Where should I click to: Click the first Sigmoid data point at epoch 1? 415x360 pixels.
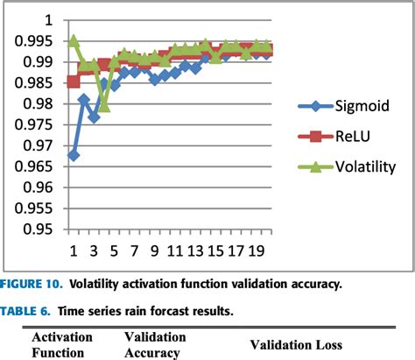pyautogui.click(x=74, y=155)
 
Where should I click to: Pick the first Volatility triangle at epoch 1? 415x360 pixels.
pyautogui.click(x=74, y=40)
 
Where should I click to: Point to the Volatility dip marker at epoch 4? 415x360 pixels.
pyautogui.click(x=104, y=105)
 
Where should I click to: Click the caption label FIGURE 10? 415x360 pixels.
pyautogui.click(x=31, y=284)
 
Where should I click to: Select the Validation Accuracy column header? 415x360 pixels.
pyautogui.click(x=157, y=344)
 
